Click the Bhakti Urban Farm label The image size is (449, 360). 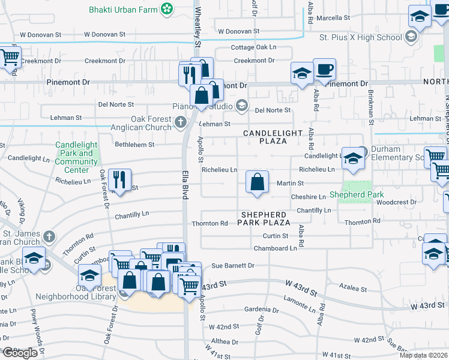coord(123,10)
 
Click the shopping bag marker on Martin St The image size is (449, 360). coord(257,182)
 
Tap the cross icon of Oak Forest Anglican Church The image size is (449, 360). coord(181,123)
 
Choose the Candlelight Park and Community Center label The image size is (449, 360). coord(77,157)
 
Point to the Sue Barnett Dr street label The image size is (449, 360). coord(233,265)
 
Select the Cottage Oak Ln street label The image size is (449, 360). coord(256,47)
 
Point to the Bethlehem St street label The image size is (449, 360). coord(134,145)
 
